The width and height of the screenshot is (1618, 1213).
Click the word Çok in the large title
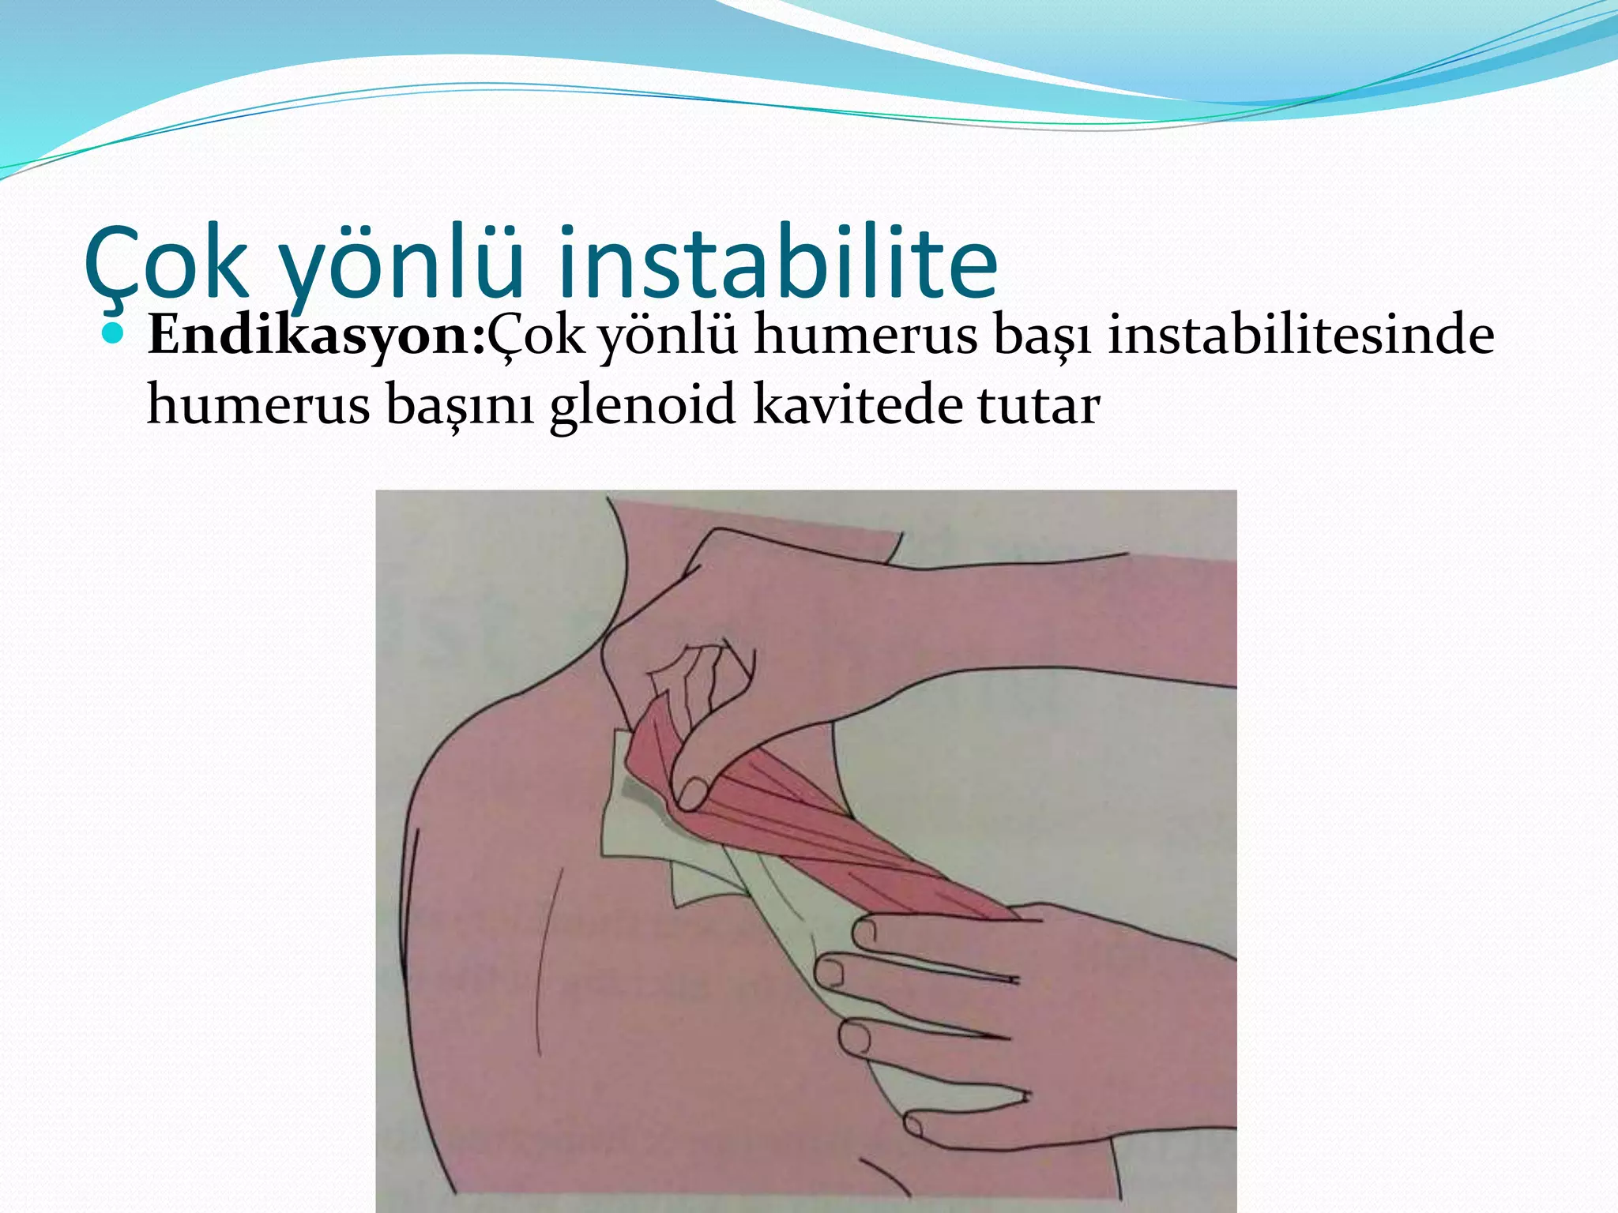(166, 265)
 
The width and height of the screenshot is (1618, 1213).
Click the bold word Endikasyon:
(316, 336)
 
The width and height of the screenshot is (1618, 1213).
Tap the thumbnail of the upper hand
(693, 793)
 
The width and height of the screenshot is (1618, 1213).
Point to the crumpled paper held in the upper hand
(699, 679)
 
